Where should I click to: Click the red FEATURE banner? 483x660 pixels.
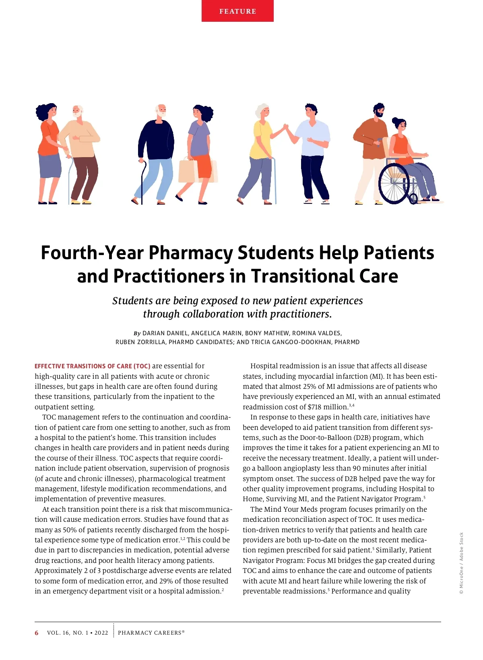click(237, 11)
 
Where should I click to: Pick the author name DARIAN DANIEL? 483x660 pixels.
click(165, 333)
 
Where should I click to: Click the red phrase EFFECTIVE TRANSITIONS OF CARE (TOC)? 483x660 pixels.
click(93, 366)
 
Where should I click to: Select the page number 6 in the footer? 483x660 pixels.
click(37, 633)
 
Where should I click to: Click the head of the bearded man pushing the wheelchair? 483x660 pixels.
click(378, 110)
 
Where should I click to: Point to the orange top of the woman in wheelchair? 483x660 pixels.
click(401, 147)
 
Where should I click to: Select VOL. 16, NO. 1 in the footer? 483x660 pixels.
click(66, 633)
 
